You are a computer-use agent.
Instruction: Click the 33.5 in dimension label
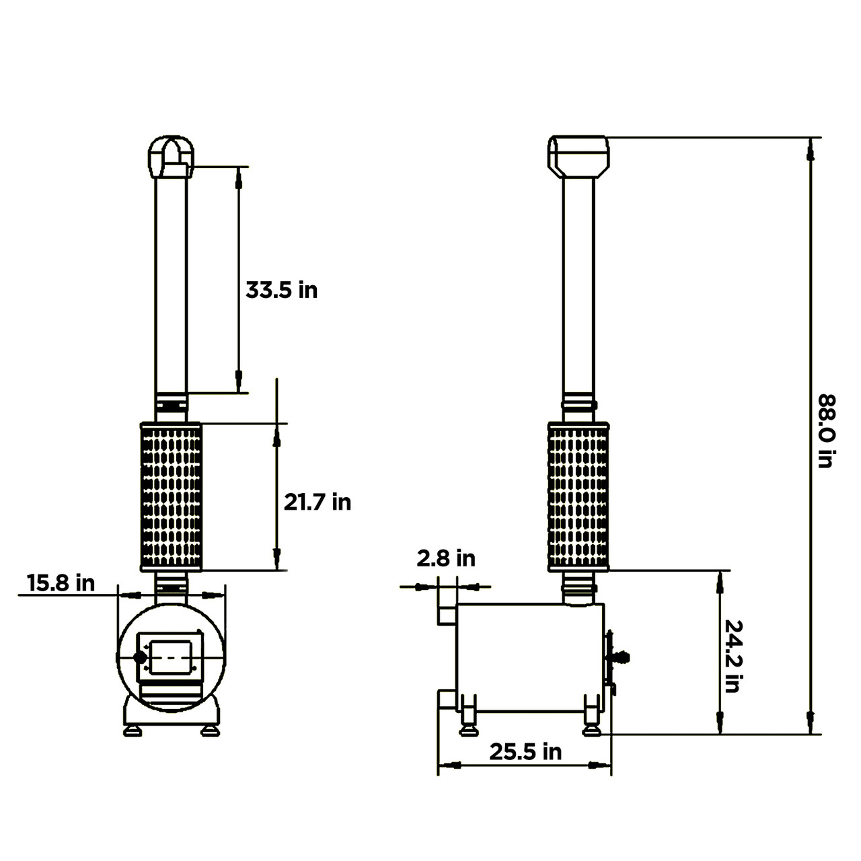coord(281,291)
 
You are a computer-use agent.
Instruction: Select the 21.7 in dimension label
coord(317,502)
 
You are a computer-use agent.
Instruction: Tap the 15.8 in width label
coord(61,583)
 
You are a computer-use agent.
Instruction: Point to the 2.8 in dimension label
coord(445,558)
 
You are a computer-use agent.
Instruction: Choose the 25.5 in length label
coord(525,751)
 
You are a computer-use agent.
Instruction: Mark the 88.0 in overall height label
coord(826,430)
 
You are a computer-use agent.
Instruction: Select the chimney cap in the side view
coord(578,155)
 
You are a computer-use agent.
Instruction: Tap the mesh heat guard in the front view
coord(171,496)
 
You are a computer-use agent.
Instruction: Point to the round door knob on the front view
coord(140,658)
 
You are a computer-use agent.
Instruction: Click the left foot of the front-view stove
coord(132,730)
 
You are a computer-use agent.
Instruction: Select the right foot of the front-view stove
coord(211,730)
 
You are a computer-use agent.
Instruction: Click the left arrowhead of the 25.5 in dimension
coord(451,765)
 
